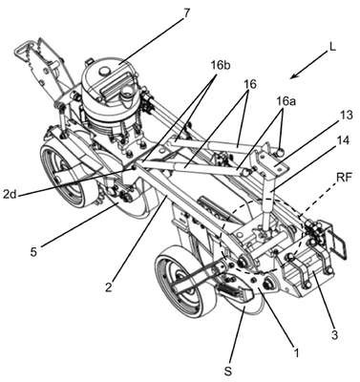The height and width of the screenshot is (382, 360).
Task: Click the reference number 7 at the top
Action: coord(186,14)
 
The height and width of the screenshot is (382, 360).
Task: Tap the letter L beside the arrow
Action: coord(332,47)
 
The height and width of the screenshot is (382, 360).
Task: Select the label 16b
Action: coord(221,67)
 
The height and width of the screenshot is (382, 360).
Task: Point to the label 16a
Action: coord(286,102)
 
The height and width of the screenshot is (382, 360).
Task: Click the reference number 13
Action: coord(346,115)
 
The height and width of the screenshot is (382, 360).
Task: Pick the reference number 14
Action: coord(342,140)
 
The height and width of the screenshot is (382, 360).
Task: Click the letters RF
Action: coord(344,178)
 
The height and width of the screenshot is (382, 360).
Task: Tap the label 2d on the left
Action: coord(11,194)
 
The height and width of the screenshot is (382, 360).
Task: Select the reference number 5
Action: coord(33,252)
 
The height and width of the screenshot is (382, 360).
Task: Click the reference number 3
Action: coord(333,334)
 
